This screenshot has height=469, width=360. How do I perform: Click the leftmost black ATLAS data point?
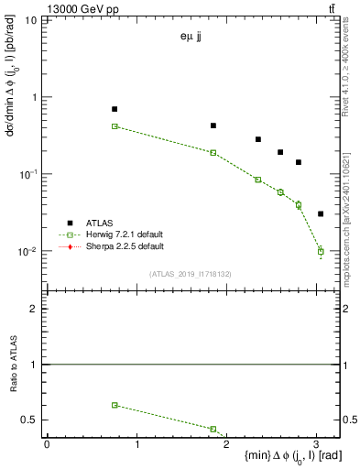[115, 109]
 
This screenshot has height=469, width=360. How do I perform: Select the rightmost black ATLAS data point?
[321, 213]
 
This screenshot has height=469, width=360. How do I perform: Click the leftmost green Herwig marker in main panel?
[115, 126]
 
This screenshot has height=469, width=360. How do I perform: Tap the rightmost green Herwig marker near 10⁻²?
[321, 251]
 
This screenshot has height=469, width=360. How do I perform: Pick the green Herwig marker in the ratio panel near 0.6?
[115, 405]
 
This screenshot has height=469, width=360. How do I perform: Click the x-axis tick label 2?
[226, 445]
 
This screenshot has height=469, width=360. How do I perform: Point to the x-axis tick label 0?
[47, 445]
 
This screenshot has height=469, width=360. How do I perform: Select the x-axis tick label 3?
[316, 445]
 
